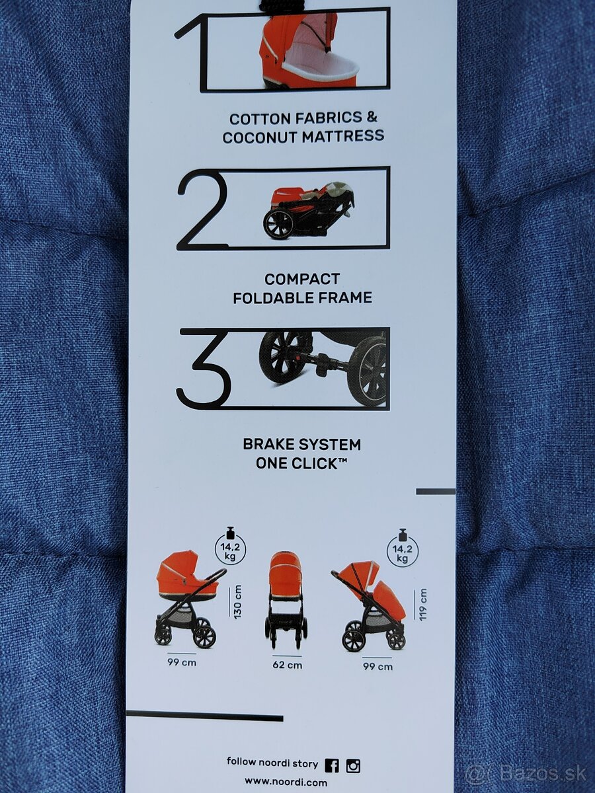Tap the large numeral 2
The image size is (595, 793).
point(203,209)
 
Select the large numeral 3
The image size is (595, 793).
point(204,370)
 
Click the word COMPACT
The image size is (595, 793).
point(302,280)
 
